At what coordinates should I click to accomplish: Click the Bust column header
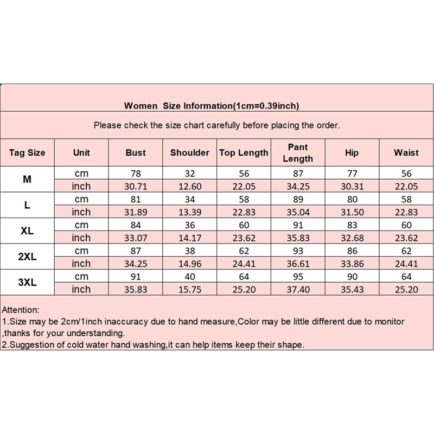click(136, 153)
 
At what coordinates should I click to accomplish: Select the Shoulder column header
click(190, 153)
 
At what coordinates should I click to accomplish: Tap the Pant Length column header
click(298, 153)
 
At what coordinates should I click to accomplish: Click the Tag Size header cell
click(27, 153)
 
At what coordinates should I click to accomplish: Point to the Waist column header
click(406, 153)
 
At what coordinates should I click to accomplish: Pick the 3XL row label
click(27, 283)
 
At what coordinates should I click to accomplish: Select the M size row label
click(27, 179)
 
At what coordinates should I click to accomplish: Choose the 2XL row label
click(27, 257)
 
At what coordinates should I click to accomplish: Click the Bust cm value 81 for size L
click(136, 199)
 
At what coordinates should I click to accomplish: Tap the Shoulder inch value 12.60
click(190, 186)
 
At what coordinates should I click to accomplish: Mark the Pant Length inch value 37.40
click(298, 290)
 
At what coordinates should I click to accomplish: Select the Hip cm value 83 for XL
click(352, 225)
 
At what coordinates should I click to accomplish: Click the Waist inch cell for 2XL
click(406, 264)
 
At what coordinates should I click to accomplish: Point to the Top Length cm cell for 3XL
click(244, 277)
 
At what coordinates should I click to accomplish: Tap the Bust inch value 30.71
click(136, 186)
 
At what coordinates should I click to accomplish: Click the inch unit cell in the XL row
click(81, 238)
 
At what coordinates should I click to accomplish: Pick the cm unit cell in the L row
click(81, 199)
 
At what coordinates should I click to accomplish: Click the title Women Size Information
click(212, 106)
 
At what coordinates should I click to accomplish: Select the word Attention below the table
click(21, 310)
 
